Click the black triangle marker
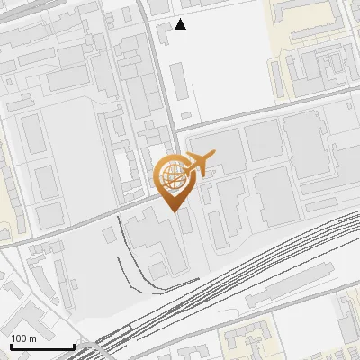181,24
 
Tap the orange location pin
174,181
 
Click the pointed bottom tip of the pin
174,210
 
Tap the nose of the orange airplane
214,157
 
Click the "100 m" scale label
23,338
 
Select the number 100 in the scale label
19,338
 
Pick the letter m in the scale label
32,338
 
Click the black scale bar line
42,347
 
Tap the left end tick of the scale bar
11,346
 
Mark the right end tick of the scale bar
73,346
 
